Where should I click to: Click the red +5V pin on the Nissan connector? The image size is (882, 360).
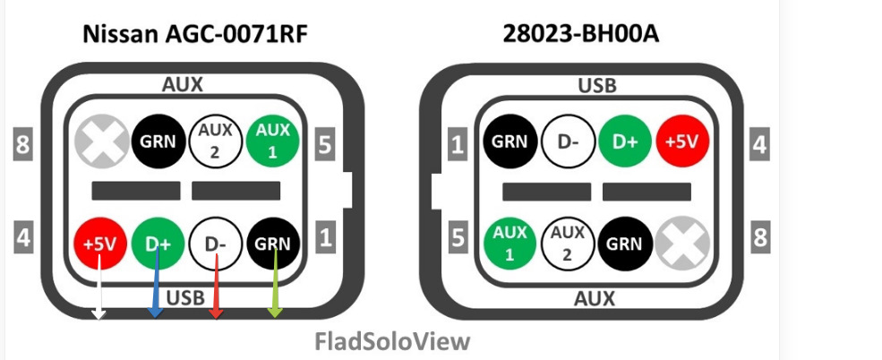pos(100,244)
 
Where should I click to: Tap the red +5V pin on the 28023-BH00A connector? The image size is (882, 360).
pos(683,141)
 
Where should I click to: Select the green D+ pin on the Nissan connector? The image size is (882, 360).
pos(158,244)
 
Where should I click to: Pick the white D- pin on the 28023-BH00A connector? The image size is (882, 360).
pos(568,141)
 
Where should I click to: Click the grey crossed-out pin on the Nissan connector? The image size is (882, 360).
pos(102,141)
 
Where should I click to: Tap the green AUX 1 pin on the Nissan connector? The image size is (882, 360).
pos(273,141)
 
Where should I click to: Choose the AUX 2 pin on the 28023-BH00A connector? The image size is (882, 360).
pos(567,244)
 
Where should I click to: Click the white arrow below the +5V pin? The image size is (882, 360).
pos(99,287)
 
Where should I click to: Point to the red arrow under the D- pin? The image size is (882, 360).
pos(216,286)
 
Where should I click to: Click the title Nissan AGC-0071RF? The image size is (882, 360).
pos(195,34)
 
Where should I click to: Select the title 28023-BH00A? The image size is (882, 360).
pos(580,34)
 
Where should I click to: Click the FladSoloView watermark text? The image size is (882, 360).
pos(392,341)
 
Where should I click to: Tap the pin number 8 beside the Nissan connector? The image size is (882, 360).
pos(22,145)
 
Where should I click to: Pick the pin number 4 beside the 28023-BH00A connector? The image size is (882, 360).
pos(760,144)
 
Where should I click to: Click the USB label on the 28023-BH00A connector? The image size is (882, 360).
pos(597,85)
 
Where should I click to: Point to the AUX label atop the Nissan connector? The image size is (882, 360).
pos(183,84)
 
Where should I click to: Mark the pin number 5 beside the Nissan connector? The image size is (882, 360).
pos(325,145)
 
